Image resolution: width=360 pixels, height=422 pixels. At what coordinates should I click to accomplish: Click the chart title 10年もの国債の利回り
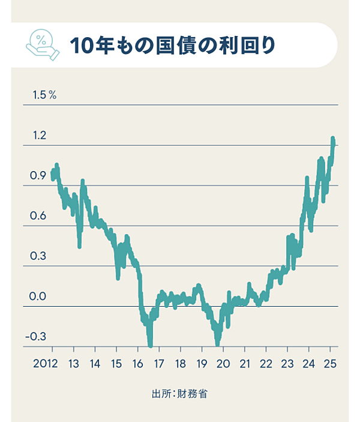pyautogui.click(x=173, y=45)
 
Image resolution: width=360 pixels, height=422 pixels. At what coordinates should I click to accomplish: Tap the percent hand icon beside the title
pyautogui.click(x=43, y=46)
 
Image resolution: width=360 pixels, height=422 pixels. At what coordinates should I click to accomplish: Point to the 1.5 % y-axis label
pyautogui.click(x=44, y=95)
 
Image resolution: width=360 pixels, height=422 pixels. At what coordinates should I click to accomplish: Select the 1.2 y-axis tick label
pyautogui.click(x=39, y=136)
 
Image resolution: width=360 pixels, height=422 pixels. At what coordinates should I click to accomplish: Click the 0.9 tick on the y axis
pyautogui.click(x=39, y=176)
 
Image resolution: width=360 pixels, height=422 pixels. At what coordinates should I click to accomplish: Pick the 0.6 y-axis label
pyautogui.click(x=39, y=216)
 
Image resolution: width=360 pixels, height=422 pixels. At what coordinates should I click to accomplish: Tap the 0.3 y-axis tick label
pyautogui.click(x=39, y=256)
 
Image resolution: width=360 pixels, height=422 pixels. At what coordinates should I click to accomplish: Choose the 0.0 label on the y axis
pyautogui.click(x=39, y=297)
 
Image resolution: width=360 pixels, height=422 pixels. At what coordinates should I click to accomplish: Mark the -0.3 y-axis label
pyautogui.click(x=37, y=337)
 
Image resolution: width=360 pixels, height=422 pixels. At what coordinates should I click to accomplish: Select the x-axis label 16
pyautogui.click(x=137, y=364)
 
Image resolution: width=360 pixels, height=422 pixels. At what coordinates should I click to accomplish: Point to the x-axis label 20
pyautogui.click(x=223, y=364)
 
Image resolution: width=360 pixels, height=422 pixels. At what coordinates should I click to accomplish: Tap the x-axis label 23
pyautogui.click(x=287, y=364)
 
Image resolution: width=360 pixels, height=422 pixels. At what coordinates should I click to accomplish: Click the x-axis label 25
pyautogui.click(x=330, y=364)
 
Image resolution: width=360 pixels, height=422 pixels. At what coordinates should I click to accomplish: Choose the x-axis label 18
pyautogui.click(x=180, y=364)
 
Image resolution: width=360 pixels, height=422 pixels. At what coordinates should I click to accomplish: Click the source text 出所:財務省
pyautogui.click(x=180, y=394)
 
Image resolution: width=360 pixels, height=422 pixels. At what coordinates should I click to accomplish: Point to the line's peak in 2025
pyautogui.click(x=333, y=139)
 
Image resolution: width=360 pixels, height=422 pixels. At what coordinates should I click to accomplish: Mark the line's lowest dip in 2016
pyautogui.click(x=150, y=345)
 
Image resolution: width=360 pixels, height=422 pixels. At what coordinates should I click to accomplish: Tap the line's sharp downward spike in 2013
pyautogui.click(x=79, y=246)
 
